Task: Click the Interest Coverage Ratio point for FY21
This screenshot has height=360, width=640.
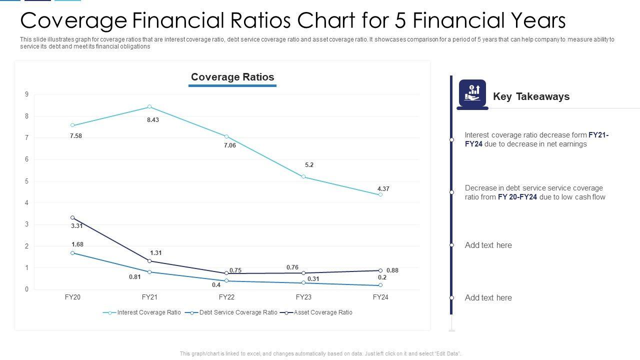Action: click(x=149, y=107)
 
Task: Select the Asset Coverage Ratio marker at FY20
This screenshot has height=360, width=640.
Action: click(x=72, y=218)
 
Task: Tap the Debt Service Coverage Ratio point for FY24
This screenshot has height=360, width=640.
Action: click(x=380, y=285)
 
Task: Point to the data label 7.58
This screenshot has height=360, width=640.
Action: click(x=76, y=136)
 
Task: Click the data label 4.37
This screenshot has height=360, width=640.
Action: click(x=383, y=189)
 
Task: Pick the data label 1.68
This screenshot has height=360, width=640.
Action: click(x=77, y=244)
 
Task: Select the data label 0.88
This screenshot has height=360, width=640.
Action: click(x=392, y=270)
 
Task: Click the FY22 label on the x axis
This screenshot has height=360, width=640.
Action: click(x=226, y=297)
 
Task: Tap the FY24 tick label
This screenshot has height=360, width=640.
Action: click(x=380, y=297)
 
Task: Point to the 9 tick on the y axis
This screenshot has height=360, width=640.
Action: click(x=26, y=94)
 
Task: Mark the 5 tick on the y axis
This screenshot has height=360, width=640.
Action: click(x=26, y=181)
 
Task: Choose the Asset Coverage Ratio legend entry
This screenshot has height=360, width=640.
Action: click(x=323, y=312)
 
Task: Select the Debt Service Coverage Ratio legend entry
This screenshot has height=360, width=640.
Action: click(x=238, y=312)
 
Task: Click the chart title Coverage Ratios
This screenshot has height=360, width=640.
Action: click(x=232, y=77)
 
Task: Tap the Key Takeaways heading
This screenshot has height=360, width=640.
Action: click(x=531, y=96)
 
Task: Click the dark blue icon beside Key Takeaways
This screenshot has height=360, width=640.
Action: click(x=472, y=93)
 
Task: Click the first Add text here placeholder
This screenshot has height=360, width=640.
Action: click(x=488, y=245)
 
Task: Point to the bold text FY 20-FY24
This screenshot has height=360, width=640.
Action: click(x=517, y=197)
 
